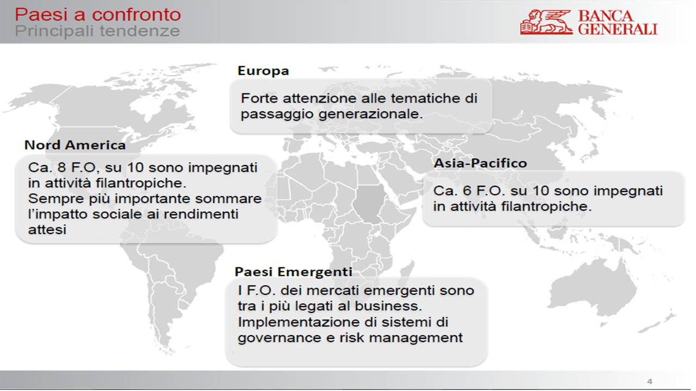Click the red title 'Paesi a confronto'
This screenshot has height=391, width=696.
pyautogui.click(x=98, y=15)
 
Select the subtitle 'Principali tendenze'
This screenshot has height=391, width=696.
pyautogui.click(x=97, y=31)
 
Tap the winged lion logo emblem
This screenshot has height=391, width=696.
pyautogui.click(x=546, y=22)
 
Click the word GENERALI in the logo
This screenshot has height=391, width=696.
pyautogui.click(x=618, y=29)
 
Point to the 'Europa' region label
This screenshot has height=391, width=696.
pyautogui.click(x=263, y=71)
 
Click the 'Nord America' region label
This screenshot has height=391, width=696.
pyautogui.click(x=75, y=145)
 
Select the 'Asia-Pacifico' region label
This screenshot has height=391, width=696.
pyautogui.click(x=480, y=163)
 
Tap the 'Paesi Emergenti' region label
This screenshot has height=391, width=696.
pyautogui.click(x=293, y=272)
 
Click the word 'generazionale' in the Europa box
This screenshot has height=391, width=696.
pyautogui.click(x=371, y=115)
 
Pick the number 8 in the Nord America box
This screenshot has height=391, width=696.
pyautogui.click(x=62, y=168)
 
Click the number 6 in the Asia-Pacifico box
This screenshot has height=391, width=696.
pyautogui.click(x=467, y=191)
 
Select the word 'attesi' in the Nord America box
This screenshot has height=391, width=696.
pyautogui.click(x=47, y=230)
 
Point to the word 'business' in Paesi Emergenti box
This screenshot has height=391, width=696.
pyautogui.click(x=388, y=306)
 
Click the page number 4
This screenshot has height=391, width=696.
pyautogui.click(x=650, y=381)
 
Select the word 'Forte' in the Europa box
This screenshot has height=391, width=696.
pyautogui.click(x=259, y=98)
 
